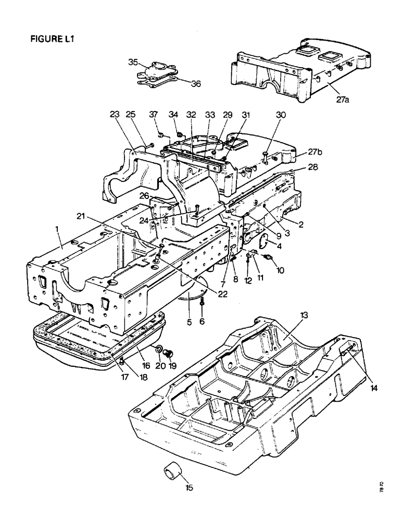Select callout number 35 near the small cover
[x=133, y=63]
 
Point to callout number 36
[x=195, y=83]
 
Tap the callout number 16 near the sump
[x=147, y=366]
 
